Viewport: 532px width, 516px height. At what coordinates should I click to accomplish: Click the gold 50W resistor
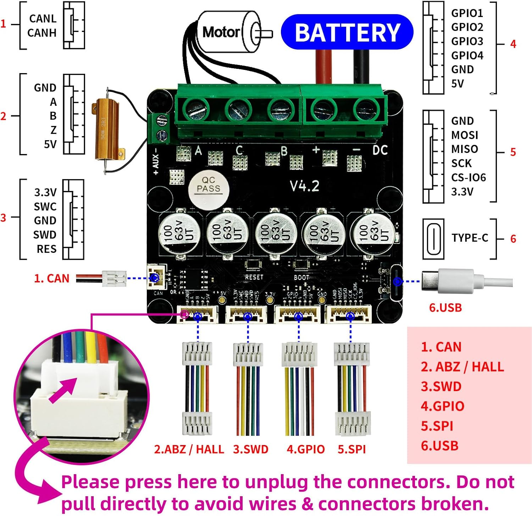click(106, 130)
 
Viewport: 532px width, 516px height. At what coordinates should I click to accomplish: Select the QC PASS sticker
click(209, 185)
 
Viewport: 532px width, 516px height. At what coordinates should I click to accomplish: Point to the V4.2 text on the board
click(304, 186)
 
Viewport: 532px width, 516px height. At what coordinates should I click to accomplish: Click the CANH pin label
click(42, 33)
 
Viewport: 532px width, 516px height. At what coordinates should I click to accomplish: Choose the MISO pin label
click(464, 149)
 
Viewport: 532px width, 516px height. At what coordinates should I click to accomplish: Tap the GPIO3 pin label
click(467, 42)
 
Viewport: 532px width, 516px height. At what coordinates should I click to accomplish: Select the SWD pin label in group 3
click(45, 235)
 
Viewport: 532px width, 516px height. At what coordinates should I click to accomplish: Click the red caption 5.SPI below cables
click(351, 449)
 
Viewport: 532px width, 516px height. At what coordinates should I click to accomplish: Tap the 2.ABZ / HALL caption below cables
click(189, 449)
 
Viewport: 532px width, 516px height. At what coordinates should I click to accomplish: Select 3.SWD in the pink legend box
click(441, 386)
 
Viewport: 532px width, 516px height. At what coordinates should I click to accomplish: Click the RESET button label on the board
click(254, 277)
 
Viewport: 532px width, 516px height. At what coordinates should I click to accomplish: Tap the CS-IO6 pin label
click(468, 177)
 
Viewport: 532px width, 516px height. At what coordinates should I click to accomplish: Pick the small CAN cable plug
click(114, 279)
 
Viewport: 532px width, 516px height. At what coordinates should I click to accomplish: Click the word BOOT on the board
click(301, 277)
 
